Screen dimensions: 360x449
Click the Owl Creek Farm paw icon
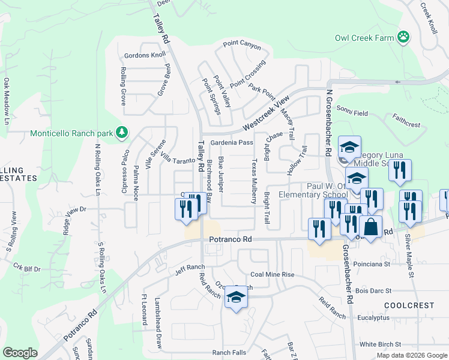(405, 38)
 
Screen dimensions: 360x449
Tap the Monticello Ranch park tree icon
(122, 131)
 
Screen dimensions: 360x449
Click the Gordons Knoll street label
(144, 55)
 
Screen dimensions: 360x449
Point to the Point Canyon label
(242, 44)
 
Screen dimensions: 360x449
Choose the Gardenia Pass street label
(232, 142)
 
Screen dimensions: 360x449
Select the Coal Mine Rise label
(272, 274)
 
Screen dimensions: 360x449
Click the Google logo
(20, 353)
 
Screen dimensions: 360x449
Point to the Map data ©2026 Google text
(411, 355)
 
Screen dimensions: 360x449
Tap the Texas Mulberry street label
(254, 180)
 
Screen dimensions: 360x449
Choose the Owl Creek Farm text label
(364, 38)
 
